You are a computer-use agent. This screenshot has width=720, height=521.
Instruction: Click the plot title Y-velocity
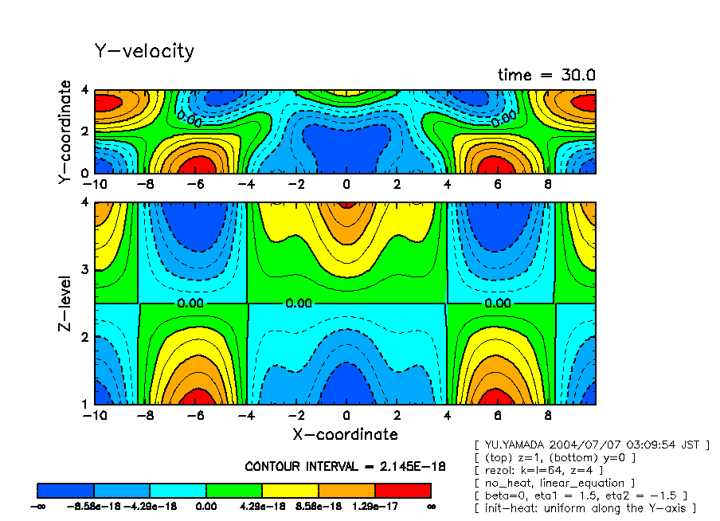144,52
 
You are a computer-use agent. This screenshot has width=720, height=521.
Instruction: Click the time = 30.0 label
546,75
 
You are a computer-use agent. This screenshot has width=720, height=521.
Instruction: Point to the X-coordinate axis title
346,434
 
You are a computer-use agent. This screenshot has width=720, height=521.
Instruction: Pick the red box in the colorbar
403,490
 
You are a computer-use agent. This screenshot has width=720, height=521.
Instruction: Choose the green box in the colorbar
235,490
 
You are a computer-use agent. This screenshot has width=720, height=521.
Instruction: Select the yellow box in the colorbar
291,490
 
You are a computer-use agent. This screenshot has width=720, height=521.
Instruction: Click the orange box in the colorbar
346,490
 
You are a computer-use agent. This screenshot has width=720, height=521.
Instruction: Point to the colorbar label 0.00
207,506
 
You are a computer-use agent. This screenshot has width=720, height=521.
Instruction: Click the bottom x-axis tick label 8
548,416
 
